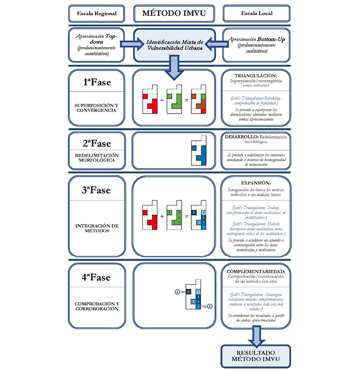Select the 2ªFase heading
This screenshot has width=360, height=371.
tap(96, 144)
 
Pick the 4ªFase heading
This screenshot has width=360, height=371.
tap(96, 277)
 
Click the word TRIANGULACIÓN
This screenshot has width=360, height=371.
tap(256, 76)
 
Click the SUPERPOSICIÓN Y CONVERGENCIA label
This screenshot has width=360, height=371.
tap(96, 108)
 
